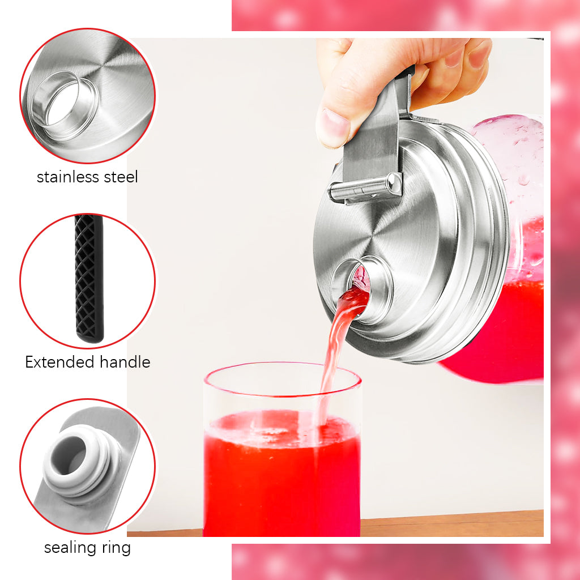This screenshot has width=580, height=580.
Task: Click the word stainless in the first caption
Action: (x=68, y=177)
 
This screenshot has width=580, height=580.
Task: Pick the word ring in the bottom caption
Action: (x=116, y=548)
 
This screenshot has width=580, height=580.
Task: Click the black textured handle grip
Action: (x=89, y=278)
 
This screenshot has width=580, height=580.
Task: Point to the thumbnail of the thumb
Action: (x=333, y=124)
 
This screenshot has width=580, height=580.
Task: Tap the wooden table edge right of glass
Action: (x=452, y=524)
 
